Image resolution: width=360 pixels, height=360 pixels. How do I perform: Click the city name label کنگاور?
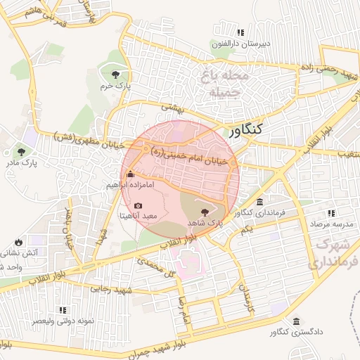246,129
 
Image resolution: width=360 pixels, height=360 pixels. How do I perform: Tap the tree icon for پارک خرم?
115,73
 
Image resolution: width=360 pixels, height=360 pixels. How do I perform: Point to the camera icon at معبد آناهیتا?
138,205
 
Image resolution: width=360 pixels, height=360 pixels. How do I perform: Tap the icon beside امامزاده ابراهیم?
129,174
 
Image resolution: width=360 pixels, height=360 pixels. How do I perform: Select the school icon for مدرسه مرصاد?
330,213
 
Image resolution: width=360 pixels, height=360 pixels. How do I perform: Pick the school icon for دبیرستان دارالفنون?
241,32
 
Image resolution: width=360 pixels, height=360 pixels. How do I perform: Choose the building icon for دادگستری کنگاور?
295,321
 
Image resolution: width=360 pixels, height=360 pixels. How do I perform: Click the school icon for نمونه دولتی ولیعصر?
63,309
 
